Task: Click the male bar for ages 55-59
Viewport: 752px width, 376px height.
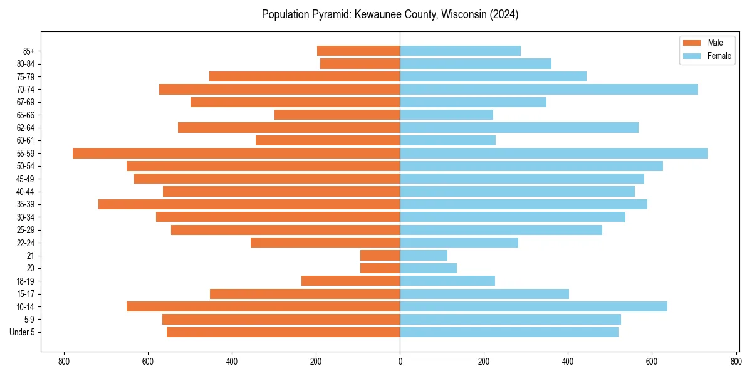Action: pyautogui.click(x=236, y=154)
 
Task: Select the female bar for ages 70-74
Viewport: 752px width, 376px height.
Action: pyautogui.click(x=548, y=90)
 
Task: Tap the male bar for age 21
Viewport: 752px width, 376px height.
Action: pyautogui.click(x=380, y=256)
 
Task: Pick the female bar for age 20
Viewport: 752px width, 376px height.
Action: pyautogui.click(x=428, y=268)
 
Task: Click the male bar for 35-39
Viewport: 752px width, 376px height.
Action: pyautogui.click(x=249, y=204)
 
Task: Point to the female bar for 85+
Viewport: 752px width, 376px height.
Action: pyautogui.click(x=460, y=51)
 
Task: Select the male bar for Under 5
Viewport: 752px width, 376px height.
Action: pyautogui.click(x=283, y=332)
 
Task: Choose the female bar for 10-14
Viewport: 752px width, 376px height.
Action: pyautogui.click(x=533, y=306)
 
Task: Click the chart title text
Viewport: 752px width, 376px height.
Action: pyautogui.click(x=390, y=14)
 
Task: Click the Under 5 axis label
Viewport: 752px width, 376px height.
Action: pyautogui.click(x=23, y=332)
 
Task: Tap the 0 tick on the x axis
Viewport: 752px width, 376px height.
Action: pyautogui.click(x=400, y=362)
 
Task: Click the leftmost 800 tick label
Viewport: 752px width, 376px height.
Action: pyautogui.click(x=63, y=362)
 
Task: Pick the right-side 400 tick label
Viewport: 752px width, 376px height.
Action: pyautogui.click(x=568, y=362)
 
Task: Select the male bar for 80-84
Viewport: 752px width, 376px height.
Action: pyautogui.click(x=360, y=64)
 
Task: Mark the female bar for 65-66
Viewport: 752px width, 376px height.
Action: pyautogui.click(x=446, y=115)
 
